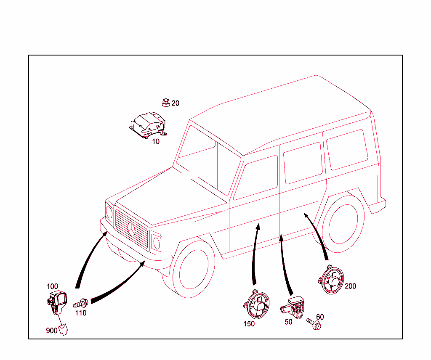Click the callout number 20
[176, 103]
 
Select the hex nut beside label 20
[166, 103]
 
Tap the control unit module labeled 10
[148, 125]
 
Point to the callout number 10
[156, 142]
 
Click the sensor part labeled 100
[57, 303]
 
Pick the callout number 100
[52, 287]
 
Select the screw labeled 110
[80, 304]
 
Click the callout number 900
[52, 331]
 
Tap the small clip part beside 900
[63, 329]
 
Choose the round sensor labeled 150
[257, 304]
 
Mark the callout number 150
[249, 324]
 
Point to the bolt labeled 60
[314, 324]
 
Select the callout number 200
[351, 286]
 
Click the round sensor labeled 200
[331, 280]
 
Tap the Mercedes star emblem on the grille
[131, 230]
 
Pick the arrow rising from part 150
[255, 254]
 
